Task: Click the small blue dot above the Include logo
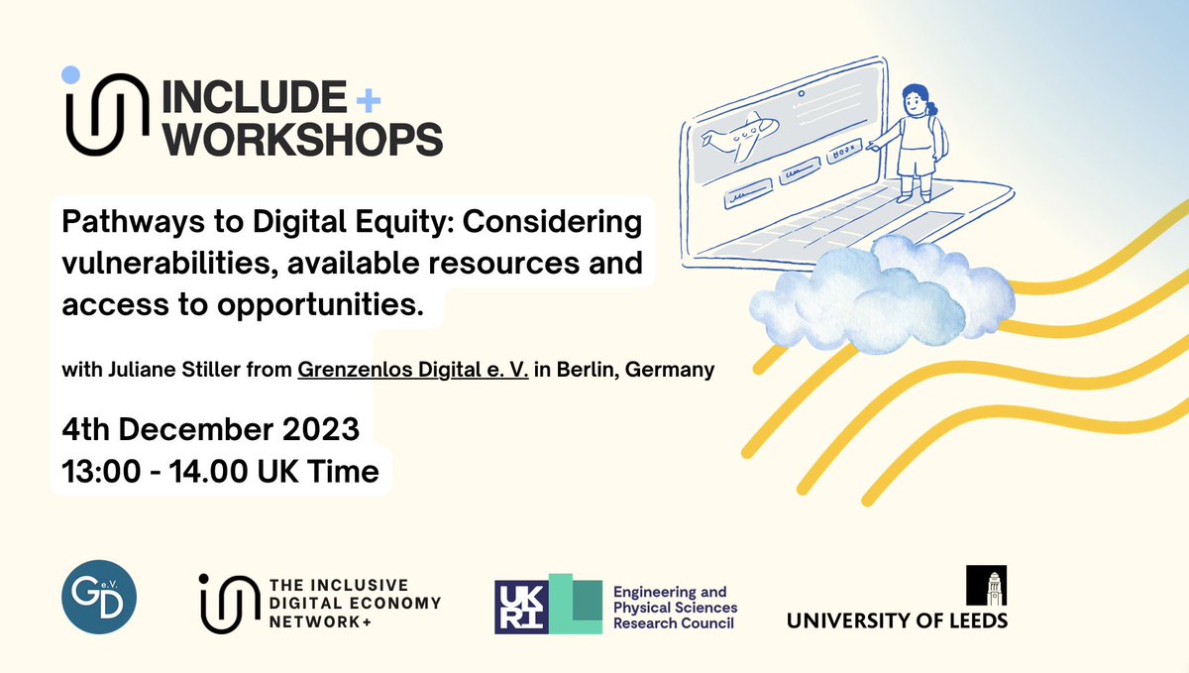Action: coord(69,74)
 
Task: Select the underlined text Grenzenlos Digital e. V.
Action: coord(416,371)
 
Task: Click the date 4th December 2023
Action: coord(210,431)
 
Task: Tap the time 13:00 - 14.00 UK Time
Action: coord(220,473)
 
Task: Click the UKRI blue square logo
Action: coord(521,605)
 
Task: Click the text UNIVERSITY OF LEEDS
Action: coord(897,621)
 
